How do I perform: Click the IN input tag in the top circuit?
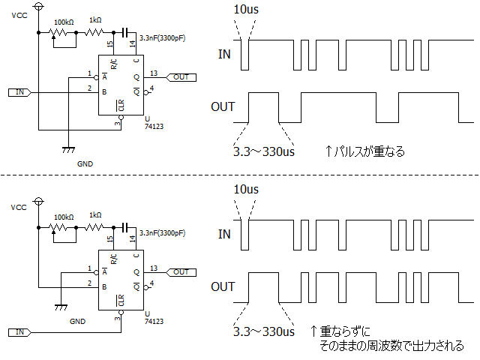point(20,92)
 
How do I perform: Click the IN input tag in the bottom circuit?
point(20,331)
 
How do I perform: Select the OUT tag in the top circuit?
point(181,76)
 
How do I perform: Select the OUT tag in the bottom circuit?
point(181,272)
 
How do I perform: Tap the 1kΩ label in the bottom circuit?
point(95,215)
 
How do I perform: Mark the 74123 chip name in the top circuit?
point(154,127)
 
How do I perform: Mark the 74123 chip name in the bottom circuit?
point(154,322)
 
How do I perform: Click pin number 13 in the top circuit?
point(153,73)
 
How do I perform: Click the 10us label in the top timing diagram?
point(245,9)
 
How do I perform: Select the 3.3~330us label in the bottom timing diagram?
point(263,331)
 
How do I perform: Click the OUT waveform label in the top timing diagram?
point(223,106)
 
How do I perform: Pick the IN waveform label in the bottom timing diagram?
point(224,234)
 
